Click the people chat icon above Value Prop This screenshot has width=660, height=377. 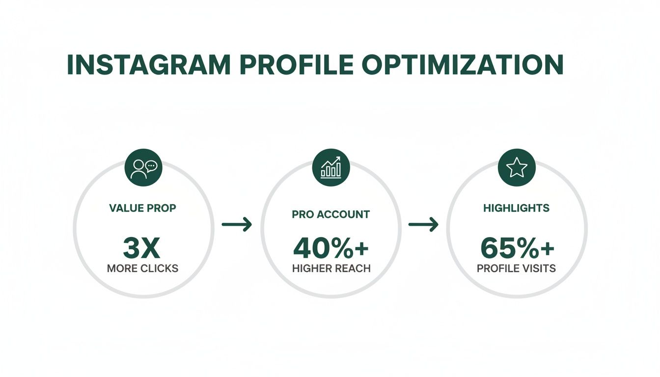pyautogui.click(x=143, y=168)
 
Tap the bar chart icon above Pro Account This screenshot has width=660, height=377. pyautogui.click(x=331, y=168)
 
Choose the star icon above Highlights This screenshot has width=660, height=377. pyautogui.click(x=517, y=168)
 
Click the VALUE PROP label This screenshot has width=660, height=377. pyautogui.click(x=142, y=208)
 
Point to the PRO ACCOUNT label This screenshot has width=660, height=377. pyautogui.click(x=330, y=215)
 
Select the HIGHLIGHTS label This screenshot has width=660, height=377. pyautogui.click(x=516, y=208)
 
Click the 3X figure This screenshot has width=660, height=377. pyautogui.click(x=142, y=248)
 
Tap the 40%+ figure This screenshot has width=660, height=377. pyautogui.click(x=330, y=248)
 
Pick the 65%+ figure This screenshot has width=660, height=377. pyautogui.click(x=517, y=248)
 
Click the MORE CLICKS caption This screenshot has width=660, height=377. pyautogui.click(x=142, y=269)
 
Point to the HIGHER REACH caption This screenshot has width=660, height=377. pyautogui.click(x=330, y=269)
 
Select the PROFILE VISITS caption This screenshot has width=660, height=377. pyautogui.click(x=516, y=269)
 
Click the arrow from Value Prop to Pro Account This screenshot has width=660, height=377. pyautogui.click(x=237, y=225)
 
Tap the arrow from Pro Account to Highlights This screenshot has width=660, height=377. pyautogui.click(x=423, y=225)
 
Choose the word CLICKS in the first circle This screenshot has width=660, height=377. pyautogui.click(x=160, y=269)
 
